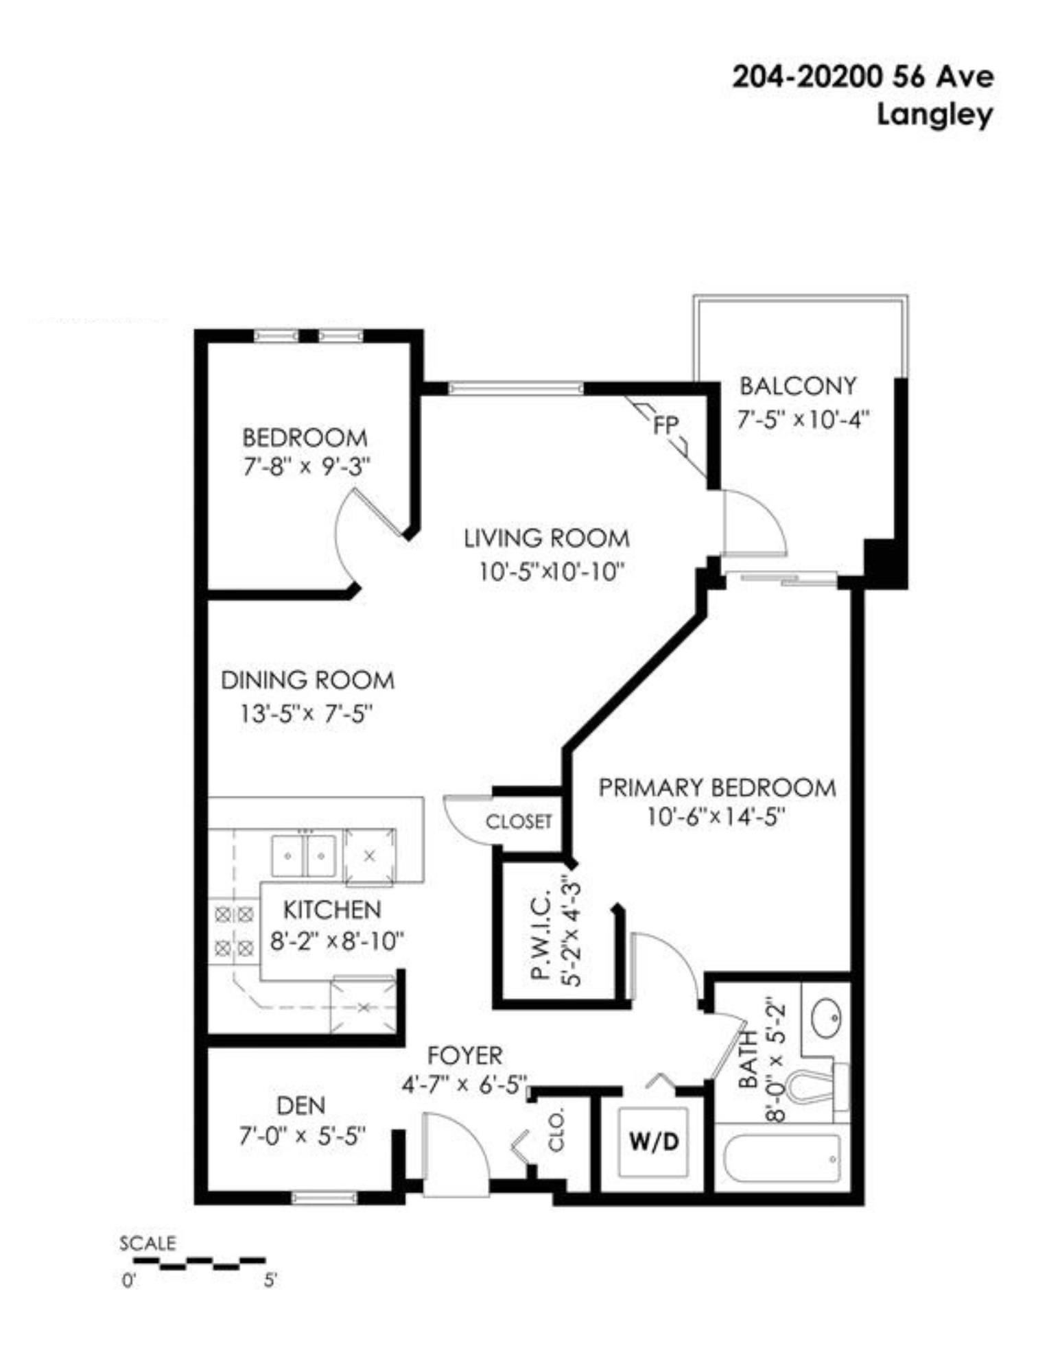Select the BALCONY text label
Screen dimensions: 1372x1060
click(798, 386)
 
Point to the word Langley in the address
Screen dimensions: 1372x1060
click(934, 115)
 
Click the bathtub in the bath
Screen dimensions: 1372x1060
click(782, 1159)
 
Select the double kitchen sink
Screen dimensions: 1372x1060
click(303, 855)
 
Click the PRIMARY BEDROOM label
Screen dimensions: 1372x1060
click(717, 788)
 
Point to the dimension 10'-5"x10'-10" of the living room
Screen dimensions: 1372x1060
click(552, 571)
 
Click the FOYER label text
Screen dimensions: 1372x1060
click(464, 1054)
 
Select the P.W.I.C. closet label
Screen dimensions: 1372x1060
click(542, 936)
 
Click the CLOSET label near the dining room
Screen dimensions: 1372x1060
click(519, 821)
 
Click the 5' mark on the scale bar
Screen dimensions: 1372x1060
click(270, 1281)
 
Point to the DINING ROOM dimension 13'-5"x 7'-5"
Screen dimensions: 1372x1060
click(305, 714)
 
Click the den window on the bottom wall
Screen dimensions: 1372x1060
click(325, 1198)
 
